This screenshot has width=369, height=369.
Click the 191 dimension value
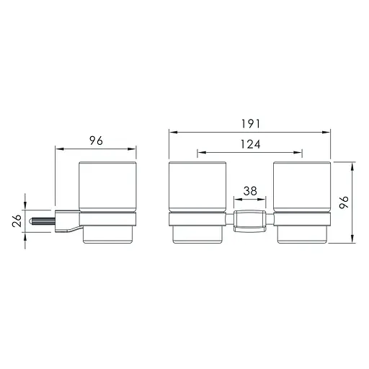[251, 124]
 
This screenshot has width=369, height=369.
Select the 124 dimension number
[250, 144]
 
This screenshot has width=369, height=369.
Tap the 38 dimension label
[250, 191]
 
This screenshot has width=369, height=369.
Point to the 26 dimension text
[17, 221]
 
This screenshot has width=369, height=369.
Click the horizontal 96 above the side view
[96, 141]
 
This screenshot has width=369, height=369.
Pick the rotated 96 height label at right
[344, 203]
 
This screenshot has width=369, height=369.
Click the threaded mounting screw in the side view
[42, 221]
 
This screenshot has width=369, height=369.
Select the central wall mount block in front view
[250, 221]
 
